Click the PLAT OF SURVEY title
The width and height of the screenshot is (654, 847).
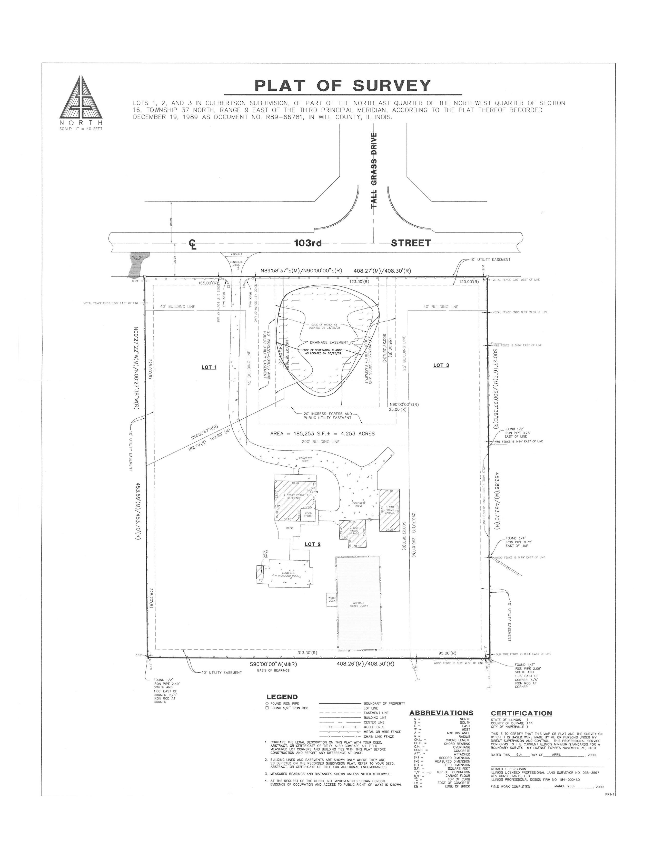point(342,85)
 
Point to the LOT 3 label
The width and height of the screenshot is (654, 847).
point(441,365)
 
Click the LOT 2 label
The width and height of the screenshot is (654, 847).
point(312,544)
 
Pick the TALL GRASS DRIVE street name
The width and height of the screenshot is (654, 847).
point(374,171)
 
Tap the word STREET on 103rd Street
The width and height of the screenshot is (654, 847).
point(411,243)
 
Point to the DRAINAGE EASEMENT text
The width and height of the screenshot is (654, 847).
point(329,342)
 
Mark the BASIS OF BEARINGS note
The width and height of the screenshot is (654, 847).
point(273,670)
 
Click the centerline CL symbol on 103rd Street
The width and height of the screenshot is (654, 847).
point(193,244)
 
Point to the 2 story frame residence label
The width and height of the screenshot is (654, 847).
point(296,497)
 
